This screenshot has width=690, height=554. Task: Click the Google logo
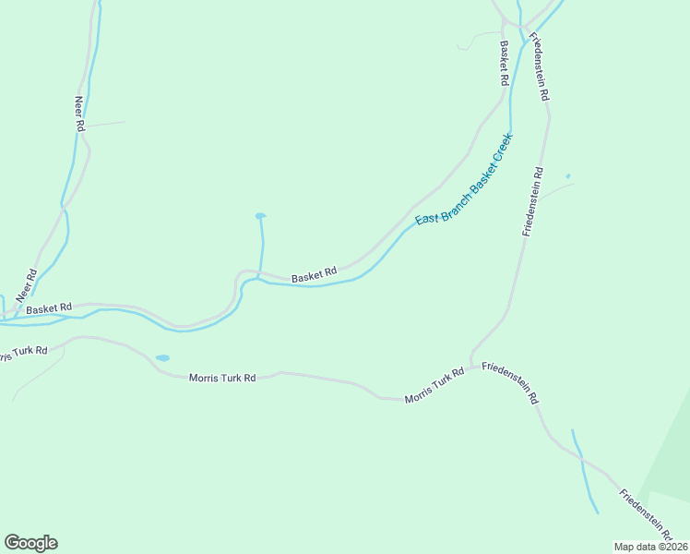click(30, 543)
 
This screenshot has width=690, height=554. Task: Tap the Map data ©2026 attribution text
click(650, 547)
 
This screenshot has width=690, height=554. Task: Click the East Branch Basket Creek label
click(463, 180)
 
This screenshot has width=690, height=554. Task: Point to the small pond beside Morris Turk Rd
click(162, 357)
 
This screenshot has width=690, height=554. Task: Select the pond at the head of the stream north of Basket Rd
click(260, 216)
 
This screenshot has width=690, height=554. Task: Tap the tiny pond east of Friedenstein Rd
click(567, 176)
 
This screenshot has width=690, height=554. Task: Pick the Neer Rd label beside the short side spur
click(79, 113)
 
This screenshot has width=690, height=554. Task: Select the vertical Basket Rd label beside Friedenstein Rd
click(505, 63)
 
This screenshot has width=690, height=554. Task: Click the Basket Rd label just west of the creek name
click(314, 274)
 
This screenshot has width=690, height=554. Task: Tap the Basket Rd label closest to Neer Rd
click(49, 308)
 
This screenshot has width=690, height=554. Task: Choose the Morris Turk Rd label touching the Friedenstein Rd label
click(434, 386)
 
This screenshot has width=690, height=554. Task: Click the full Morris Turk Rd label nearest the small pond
click(221, 378)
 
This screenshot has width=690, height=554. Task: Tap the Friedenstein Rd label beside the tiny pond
click(533, 201)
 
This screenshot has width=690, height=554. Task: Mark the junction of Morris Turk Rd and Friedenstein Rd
click(472, 367)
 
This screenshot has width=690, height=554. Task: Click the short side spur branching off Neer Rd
click(106, 123)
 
